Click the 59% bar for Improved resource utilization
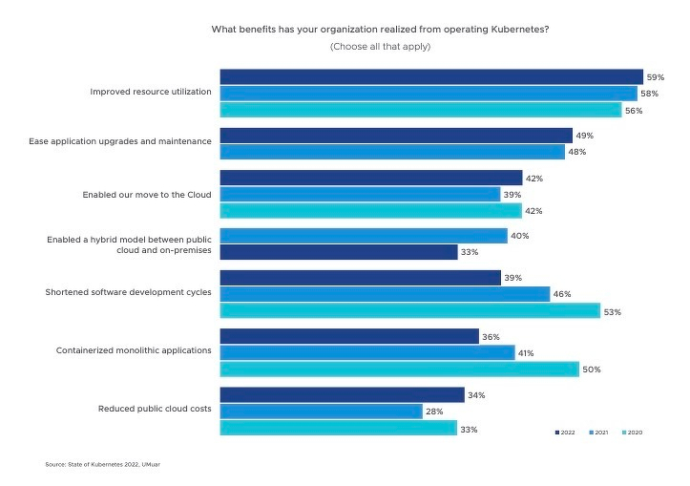(431, 76)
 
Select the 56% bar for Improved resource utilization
(421, 110)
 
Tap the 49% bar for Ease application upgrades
(396, 136)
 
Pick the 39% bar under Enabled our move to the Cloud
(360, 194)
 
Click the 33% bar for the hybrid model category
(339, 252)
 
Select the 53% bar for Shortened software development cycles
(409, 310)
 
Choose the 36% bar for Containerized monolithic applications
(349, 336)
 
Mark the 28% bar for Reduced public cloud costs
(321, 411)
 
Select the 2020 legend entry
(633, 433)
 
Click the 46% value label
(563, 294)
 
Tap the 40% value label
(520, 236)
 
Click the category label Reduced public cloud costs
(155, 409)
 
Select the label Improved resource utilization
(151, 92)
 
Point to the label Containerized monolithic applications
(134, 350)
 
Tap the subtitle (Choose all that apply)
(380, 47)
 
